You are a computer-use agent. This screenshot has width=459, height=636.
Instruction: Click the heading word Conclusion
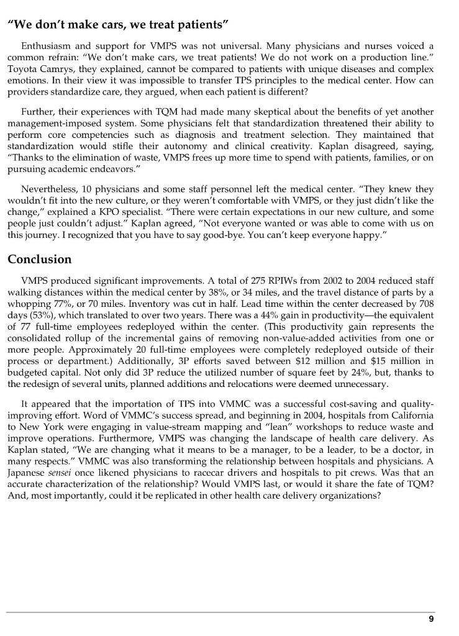39,259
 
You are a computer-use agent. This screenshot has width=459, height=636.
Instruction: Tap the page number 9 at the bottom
431,619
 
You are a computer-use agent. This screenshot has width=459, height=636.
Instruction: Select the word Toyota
22,69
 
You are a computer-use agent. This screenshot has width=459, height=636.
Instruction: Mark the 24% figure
351,371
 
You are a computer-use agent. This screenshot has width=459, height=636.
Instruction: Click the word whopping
29,304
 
